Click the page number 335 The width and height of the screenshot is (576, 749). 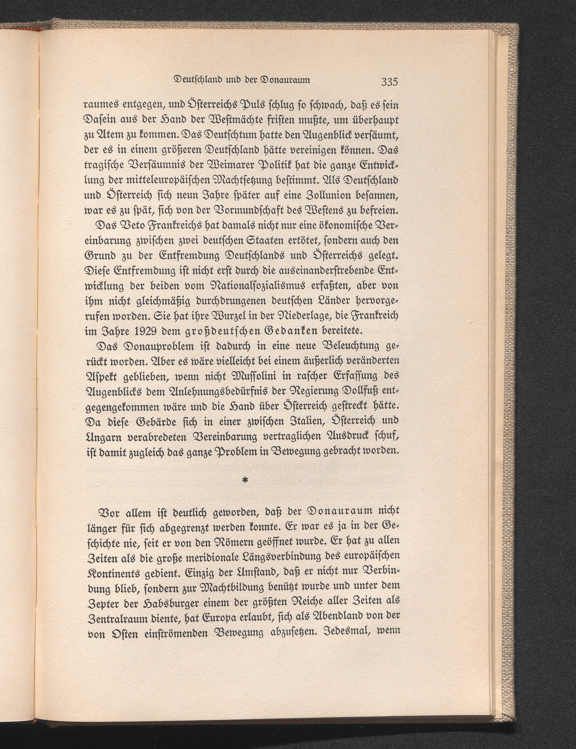coord(389,82)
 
